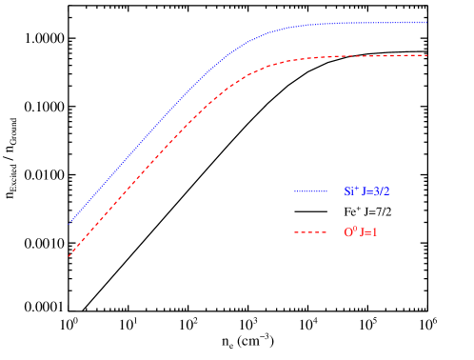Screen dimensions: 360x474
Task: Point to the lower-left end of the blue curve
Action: pos(70,221)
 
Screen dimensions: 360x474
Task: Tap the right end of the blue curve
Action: pos(425,22)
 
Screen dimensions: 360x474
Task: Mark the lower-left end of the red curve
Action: pos(69,256)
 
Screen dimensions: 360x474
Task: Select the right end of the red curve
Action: pos(426,55)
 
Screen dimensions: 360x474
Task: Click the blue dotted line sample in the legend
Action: pos(310,191)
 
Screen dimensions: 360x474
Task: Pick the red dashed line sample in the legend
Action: pos(310,232)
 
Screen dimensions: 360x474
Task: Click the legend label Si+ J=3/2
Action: pos(366,191)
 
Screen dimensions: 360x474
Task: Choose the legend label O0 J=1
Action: pos(361,232)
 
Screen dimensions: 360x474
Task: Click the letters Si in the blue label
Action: pos(348,192)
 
